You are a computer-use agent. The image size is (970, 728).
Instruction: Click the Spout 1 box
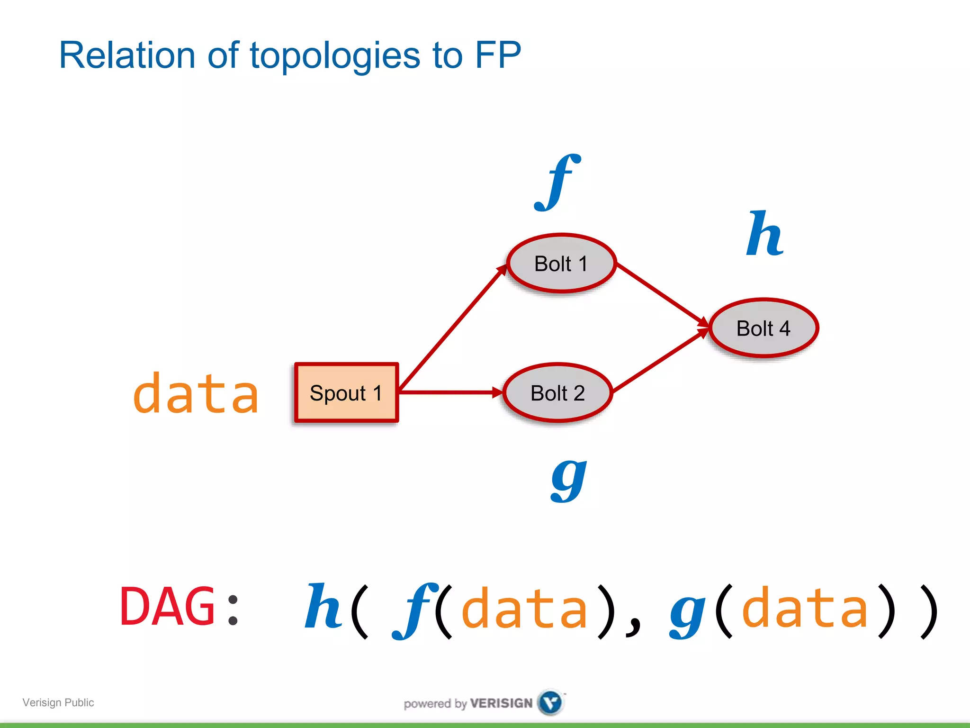(x=346, y=392)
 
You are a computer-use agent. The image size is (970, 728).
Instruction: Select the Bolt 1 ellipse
(x=561, y=264)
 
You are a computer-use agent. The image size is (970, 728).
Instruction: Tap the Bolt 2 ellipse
(x=557, y=393)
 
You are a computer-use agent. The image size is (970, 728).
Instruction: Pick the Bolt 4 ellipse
(x=763, y=328)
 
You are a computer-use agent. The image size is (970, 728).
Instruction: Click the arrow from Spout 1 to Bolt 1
(x=452, y=328)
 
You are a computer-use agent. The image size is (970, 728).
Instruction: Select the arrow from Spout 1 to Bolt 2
(x=450, y=392)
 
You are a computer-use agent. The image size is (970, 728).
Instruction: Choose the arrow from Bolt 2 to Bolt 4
(x=660, y=361)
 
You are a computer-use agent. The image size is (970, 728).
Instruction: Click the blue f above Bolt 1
(x=557, y=182)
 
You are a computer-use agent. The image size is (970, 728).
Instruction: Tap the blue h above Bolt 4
(x=764, y=234)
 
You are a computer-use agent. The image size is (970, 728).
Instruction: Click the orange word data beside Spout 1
(x=196, y=393)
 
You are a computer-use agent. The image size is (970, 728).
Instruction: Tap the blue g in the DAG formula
(x=688, y=611)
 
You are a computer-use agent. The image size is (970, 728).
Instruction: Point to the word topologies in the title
(x=335, y=56)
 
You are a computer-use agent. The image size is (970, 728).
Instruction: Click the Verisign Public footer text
(x=58, y=702)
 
